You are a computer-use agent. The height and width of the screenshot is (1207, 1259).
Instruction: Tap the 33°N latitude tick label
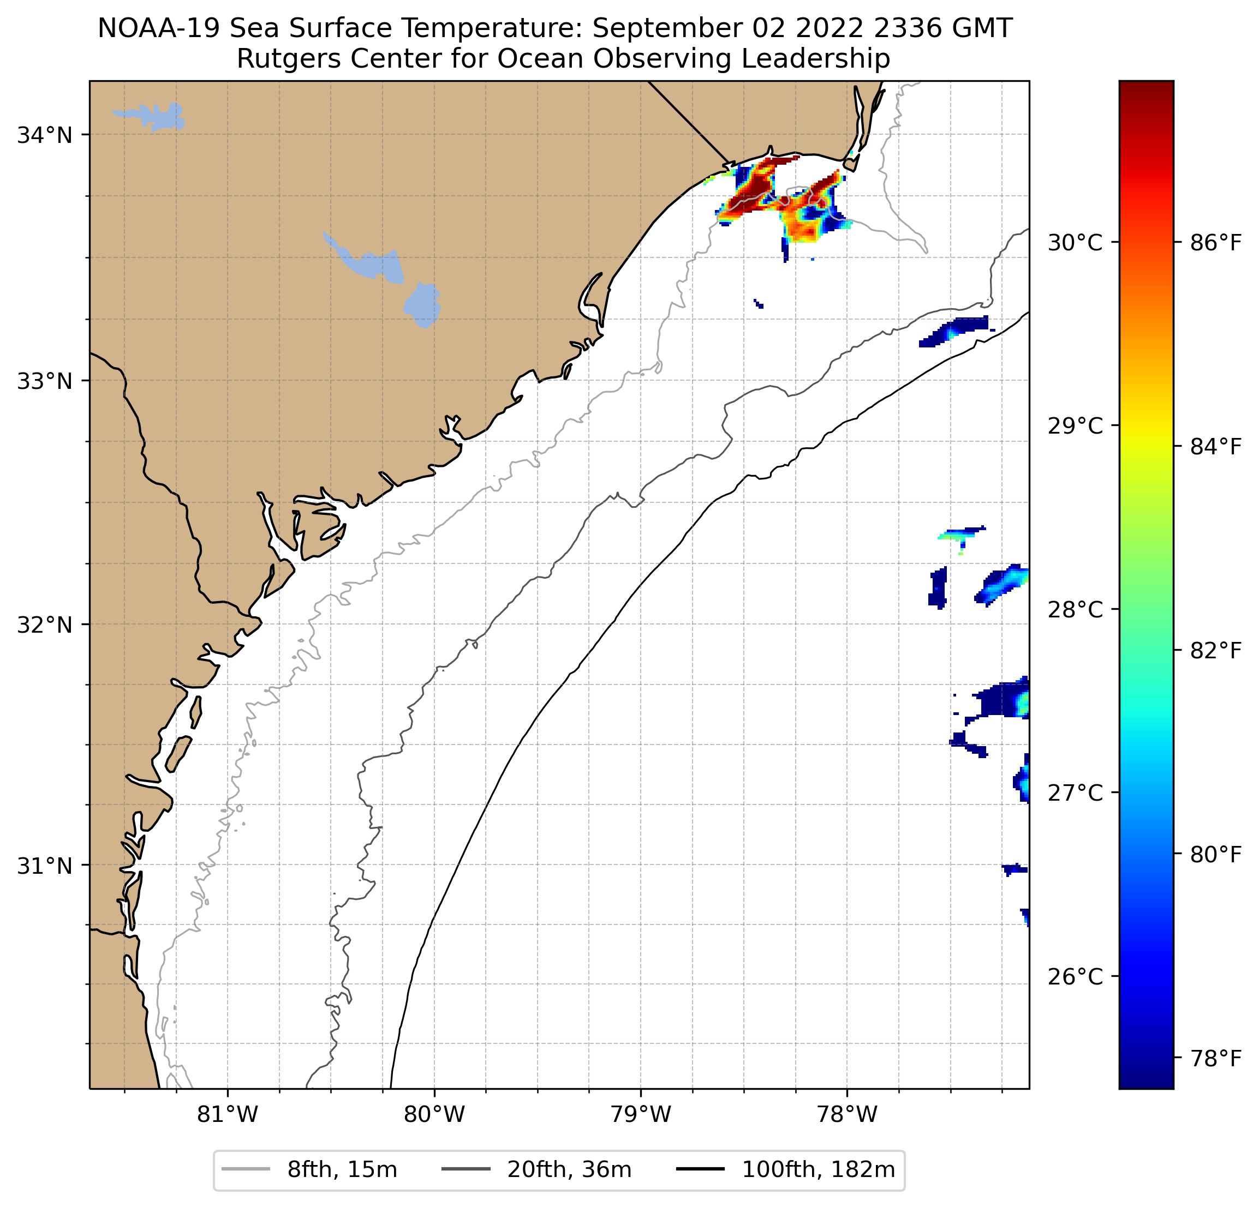point(44,381)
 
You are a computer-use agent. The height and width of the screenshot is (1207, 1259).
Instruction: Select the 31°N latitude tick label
point(44,866)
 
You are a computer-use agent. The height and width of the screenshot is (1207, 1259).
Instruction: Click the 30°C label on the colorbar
point(1075,243)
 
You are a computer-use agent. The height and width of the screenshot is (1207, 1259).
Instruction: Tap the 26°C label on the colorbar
point(1075,976)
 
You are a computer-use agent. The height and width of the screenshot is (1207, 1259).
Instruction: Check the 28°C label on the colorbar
point(1075,609)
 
